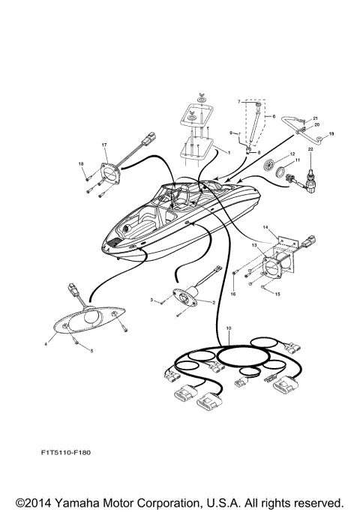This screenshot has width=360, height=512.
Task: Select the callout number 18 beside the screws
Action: pos(80,163)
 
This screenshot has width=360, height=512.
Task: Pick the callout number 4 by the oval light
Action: pos(46,344)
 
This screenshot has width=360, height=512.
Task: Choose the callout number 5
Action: pos(92,351)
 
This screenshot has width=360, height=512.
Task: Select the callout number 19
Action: pos(331,133)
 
